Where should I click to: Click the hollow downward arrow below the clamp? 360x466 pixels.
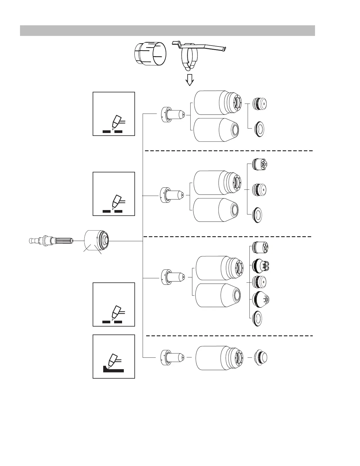pos(190,79)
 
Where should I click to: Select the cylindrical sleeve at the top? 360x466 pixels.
pos(150,54)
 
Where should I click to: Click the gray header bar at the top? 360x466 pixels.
pos(167,31)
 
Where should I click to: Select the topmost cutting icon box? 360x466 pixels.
pos(114,114)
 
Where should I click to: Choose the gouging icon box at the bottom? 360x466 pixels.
pos(114,356)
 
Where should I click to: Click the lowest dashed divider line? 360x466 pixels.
pos(229,335)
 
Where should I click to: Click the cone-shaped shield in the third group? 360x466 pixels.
pos(261,299)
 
